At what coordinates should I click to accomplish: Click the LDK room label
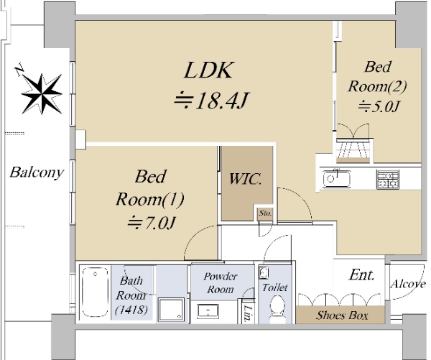tap(209, 70)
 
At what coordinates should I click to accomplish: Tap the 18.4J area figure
tap(211, 101)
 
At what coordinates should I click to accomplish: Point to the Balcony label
tap(37, 172)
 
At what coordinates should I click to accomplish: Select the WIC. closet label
tap(245, 179)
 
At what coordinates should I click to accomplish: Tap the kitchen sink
tap(337, 179)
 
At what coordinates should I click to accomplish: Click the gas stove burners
tap(388, 180)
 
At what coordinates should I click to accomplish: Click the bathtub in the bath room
tap(95, 292)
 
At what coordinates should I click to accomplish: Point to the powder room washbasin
tap(208, 312)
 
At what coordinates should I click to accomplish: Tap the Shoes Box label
tap(342, 315)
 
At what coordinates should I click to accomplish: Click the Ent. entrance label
tap(361, 274)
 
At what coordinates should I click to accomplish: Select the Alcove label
tap(408, 284)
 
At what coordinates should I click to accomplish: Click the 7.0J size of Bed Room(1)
tap(151, 223)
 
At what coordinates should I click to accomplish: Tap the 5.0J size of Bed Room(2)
tap(379, 107)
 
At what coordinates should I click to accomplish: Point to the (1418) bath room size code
tap(131, 310)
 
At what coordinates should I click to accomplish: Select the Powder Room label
tap(220, 282)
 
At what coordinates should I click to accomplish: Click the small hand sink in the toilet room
tap(264, 273)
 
